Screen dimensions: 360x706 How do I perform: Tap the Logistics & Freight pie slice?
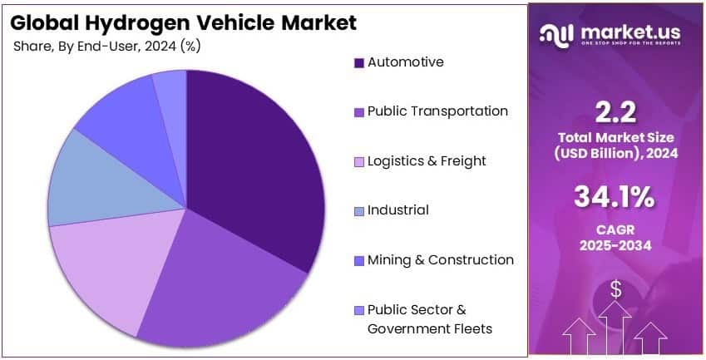(x=104, y=274)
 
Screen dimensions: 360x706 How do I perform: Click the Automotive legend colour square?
(x=359, y=63)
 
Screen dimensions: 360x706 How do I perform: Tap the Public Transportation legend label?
(x=437, y=111)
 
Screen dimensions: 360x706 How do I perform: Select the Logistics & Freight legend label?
(x=427, y=160)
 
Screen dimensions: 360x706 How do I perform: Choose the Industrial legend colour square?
(x=359, y=210)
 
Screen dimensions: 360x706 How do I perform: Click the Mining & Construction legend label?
(x=441, y=259)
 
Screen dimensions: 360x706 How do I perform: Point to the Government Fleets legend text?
(x=430, y=328)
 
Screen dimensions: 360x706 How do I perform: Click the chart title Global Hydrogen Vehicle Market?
(x=185, y=22)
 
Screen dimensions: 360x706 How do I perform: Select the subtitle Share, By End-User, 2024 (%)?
(x=106, y=46)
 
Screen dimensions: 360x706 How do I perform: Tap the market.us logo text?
(x=631, y=32)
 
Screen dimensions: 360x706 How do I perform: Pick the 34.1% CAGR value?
(x=616, y=199)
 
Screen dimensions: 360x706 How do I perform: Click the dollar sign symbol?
(x=616, y=289)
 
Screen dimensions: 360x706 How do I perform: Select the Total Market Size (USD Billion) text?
(x=616, y=144)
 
